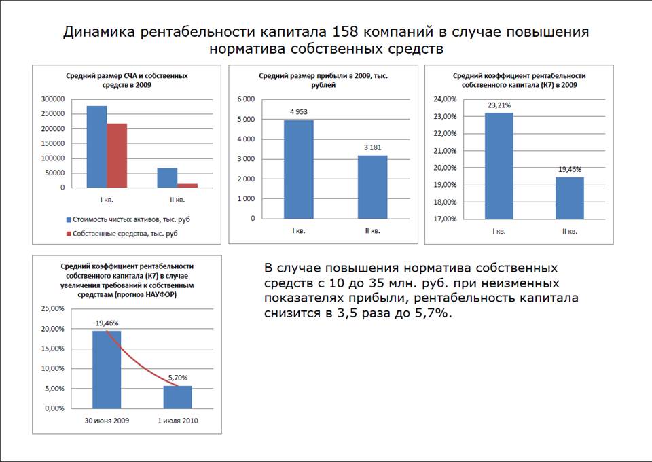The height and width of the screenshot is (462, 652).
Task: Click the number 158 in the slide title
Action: coord(347,32)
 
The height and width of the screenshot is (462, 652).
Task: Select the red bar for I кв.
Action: coord(117,156)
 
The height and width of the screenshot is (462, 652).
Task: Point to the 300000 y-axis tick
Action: coord(52,99)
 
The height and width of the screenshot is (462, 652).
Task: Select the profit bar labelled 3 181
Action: coord(372,187)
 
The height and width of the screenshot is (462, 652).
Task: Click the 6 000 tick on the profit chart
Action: coord(245,99)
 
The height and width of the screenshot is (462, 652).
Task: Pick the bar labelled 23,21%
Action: coord(499,166)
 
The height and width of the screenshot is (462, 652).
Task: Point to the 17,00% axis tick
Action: coord(444,219)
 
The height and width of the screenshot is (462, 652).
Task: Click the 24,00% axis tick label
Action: coord(444,99)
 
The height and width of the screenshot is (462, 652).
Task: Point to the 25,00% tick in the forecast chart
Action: coord(53,309)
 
